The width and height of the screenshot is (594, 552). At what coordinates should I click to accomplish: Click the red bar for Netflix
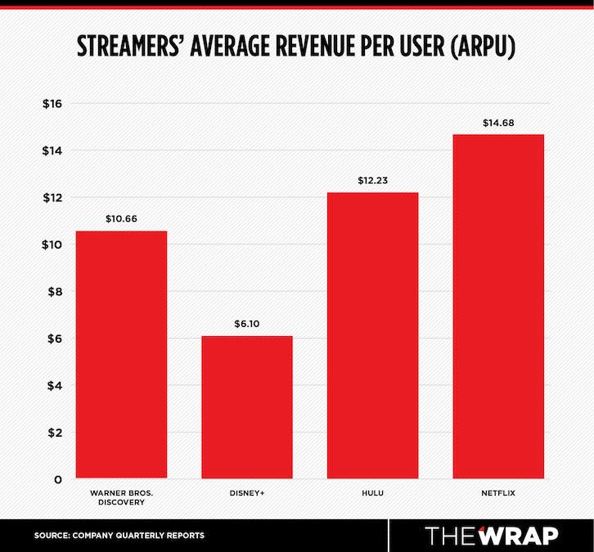pos(497,306)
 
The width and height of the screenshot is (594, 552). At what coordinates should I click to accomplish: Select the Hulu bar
pos(372,335)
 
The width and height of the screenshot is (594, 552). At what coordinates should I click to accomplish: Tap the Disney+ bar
pos(246,406)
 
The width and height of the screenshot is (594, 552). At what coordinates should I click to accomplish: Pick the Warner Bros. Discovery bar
pos(121,354)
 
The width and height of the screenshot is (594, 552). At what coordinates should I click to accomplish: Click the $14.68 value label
pos(497,123)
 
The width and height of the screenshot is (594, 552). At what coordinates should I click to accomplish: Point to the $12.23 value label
pos(372,181)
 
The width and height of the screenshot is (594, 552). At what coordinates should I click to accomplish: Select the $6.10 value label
pos(246,324)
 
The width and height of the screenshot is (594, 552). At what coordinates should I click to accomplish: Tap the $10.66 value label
pos(121,219)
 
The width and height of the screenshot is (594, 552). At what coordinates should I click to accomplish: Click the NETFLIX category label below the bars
pos(497,493)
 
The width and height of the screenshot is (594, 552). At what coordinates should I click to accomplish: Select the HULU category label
pos(372,493)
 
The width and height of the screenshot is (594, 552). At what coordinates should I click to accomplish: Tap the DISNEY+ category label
pos(246,493)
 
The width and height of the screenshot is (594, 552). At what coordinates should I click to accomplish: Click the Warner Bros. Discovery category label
pos(121,498)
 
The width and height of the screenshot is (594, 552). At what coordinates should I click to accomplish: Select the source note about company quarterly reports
pos(119,536)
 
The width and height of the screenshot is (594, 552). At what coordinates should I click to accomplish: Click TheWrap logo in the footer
pos(492,535)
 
